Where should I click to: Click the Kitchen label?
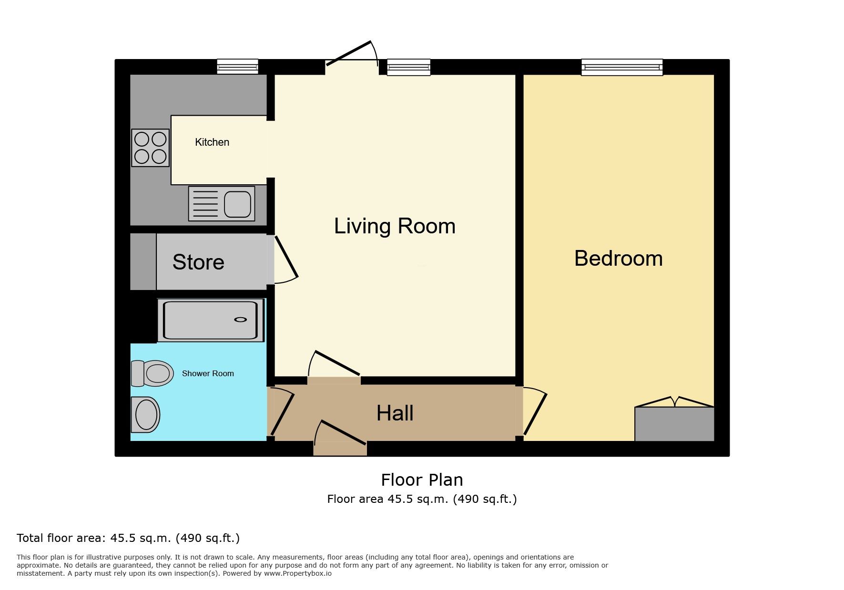212,142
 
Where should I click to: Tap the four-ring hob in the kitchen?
151,148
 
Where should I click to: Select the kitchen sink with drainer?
222,204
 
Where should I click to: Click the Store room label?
198,262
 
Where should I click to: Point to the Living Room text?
395,226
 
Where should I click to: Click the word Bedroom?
619,259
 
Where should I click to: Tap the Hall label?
395,413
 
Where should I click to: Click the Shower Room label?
208,374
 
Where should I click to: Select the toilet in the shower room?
152,373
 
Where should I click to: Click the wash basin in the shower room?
145,415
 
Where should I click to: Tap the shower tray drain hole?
241,320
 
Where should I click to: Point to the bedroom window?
622,67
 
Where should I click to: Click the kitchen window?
237,67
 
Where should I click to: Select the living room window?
409,67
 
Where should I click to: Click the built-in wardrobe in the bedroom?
674,424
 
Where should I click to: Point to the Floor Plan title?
422,480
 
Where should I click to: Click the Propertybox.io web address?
298,574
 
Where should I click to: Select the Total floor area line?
128,538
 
